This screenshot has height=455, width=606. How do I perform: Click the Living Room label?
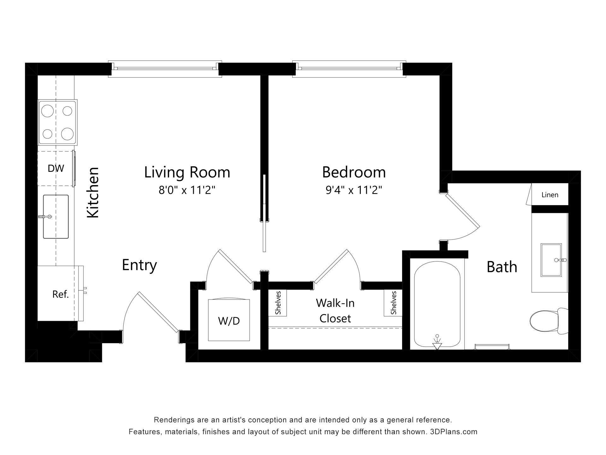point(187,172)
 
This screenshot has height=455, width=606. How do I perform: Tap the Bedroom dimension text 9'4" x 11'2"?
point(354,190)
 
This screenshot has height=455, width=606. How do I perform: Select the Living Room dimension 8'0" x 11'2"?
point(187,190)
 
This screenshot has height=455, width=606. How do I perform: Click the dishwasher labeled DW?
point(56,168)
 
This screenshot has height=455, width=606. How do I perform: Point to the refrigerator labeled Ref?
point(60,294)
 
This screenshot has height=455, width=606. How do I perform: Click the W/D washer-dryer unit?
point(229,320)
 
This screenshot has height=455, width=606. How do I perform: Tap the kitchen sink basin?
point(56,216)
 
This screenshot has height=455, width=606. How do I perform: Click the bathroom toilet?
point(549,321)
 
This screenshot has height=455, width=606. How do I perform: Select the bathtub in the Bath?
point(437,305)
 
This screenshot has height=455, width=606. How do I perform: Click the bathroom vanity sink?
point(551,260)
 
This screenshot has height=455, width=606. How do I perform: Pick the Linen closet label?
point(550,195)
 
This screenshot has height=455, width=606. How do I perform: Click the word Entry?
point(140,265)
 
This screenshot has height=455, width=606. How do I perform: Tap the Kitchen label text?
point(93,192)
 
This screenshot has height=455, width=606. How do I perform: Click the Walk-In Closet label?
point(335,311)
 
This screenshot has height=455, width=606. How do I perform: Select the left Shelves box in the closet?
point(277,303)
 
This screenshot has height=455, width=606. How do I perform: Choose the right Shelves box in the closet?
point(393,303)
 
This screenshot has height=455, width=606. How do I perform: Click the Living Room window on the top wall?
point(165,69)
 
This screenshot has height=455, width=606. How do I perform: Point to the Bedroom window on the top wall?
point(349,69)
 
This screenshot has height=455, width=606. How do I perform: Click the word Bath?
point(502,267)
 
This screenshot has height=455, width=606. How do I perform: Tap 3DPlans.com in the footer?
point(454,432)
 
